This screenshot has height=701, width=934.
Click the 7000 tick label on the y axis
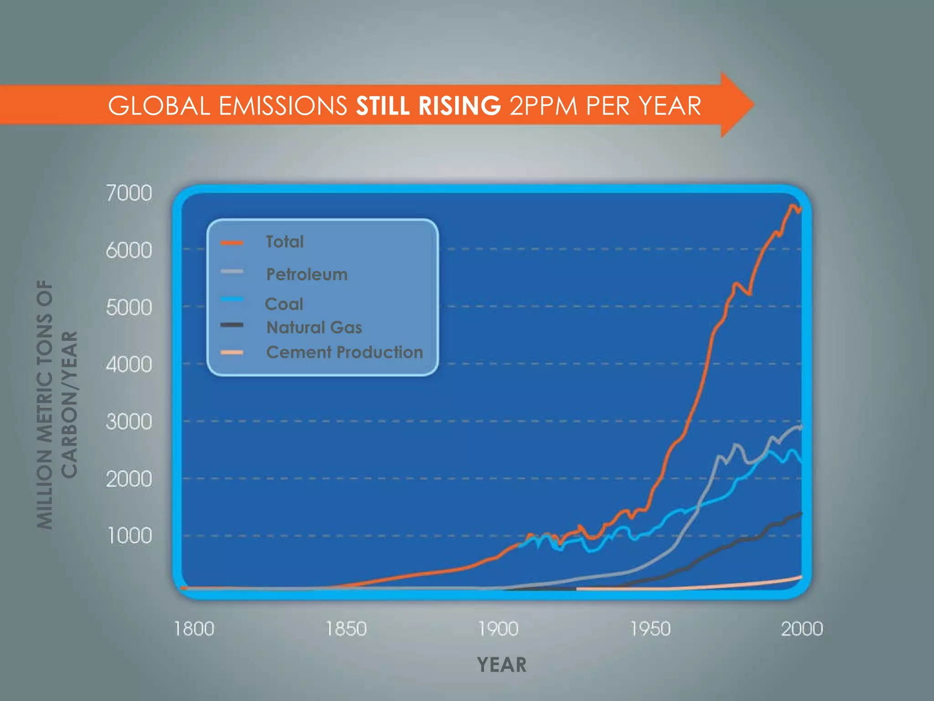coord(129,193)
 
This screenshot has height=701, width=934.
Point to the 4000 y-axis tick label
coord(129,365)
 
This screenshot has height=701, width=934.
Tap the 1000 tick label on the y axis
coord(129,535)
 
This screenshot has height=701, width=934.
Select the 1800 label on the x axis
coord(194,629)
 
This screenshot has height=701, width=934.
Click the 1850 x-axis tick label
coord(346,629)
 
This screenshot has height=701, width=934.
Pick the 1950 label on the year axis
coord(650,629)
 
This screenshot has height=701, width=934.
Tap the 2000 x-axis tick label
coord(802,629)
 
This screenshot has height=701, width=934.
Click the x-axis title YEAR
coord(502,665)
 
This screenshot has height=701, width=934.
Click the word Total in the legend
coord(285,242)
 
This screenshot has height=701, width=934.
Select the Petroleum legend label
coord(306,274)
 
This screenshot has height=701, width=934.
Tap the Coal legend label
coord(284,304)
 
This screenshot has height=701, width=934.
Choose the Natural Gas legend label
coord(314,327)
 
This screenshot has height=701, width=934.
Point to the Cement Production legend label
coord(344,352)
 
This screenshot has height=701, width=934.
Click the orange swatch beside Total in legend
coord(232,243)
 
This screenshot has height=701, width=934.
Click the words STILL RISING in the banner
coord(428,106)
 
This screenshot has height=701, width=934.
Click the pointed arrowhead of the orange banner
coord(737,105)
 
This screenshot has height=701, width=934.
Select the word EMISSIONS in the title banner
coord(283,106)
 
